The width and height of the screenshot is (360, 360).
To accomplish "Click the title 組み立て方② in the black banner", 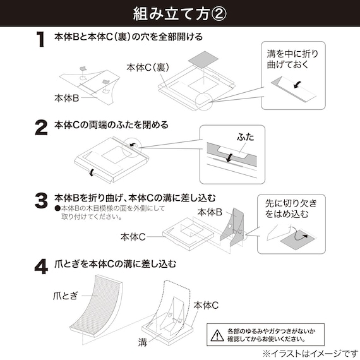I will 180,13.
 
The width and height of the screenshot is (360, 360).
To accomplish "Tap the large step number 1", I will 40,40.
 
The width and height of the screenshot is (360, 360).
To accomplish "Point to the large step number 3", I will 40,201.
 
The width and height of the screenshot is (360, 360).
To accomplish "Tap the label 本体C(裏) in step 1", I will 147,66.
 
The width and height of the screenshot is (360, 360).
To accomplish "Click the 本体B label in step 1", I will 66,99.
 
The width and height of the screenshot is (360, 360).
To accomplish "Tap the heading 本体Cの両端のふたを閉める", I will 111,124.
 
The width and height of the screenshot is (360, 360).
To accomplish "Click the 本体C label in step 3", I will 133,237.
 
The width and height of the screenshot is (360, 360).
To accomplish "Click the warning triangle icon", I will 218,333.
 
